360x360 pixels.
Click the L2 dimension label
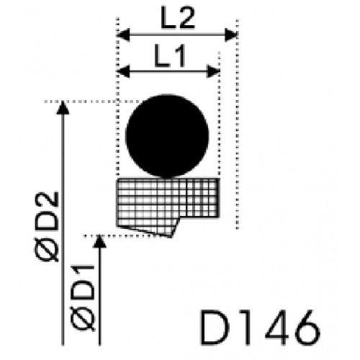click(x=178, y=17)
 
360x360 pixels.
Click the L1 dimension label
click(x=170, y=55)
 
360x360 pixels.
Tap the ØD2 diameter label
click(x=47, y=226)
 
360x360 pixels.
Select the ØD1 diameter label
click(x=83, y=297)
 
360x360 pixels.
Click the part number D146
click(x=260, y=328)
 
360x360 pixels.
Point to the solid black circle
click(x=167, y=136)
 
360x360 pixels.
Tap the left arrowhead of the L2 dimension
click(x=123, y=35)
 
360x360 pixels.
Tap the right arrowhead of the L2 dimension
click(x=231, y=35)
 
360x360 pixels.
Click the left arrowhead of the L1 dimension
click(x=123, y=71)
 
